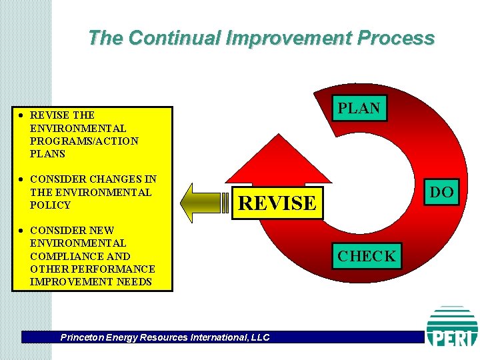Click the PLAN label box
point(359,108)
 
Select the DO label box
point(441,193)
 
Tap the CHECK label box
point(367,255)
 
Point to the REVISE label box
point(277,203)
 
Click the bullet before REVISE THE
point(22,115)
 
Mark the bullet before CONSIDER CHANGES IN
point(22,179)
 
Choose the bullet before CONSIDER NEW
point(22,231)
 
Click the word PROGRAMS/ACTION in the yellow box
point(84,141)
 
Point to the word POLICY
point(50,205)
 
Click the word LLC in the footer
point(260,337)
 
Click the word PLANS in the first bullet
point(48,154)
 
